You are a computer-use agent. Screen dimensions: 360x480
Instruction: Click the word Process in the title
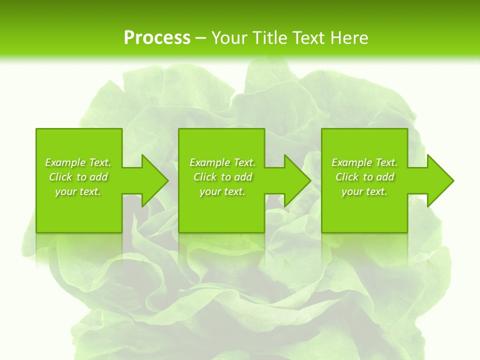click(157, 38)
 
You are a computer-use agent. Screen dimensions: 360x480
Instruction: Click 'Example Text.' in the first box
click(78, 162)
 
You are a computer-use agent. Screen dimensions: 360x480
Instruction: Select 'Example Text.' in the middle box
click(222, 162)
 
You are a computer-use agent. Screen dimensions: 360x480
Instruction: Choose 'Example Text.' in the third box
click(364, 162)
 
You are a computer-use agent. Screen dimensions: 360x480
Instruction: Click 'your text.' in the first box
click(78, 191)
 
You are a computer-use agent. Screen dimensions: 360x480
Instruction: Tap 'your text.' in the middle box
click(222, 191)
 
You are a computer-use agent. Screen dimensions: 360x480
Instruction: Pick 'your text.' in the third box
click(364, 191)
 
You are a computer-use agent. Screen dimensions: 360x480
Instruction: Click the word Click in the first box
click(60, 177)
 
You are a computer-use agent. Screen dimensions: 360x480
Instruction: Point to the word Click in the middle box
click(205, 177)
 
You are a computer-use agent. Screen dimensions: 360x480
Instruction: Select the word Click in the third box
click(347, 177)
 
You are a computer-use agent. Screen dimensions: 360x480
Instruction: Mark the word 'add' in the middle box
click(243, 177)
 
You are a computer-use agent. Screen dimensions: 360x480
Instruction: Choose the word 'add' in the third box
click(385, 177)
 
